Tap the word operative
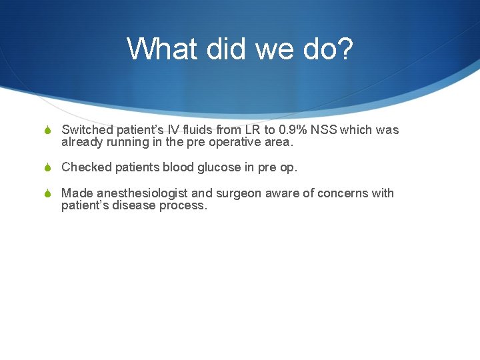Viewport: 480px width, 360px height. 235,142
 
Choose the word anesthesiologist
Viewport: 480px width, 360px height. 143,193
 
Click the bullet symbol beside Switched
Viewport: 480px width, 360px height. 46,131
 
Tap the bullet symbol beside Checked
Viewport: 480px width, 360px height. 46,168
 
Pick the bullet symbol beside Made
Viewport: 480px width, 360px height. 46,194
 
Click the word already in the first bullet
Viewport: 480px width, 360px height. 82,142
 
